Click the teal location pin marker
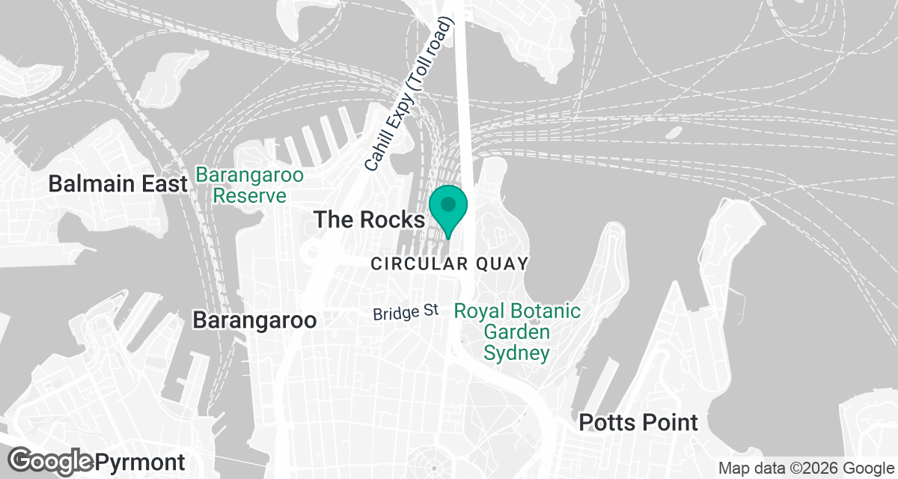(448, 207)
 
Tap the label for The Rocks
(369, 219)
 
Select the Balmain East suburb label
(117, 183)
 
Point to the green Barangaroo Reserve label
(249, 186)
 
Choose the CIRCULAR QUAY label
(450, 263)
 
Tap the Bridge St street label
(405, 312)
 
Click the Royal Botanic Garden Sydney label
(517, 332)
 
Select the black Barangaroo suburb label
(254, 320)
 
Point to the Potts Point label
(638, 422)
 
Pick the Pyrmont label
(140, 461)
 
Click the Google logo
(51, 460)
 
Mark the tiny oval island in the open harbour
(673, 132)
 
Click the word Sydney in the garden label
(517, 353)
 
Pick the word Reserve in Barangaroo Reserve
(249, 196)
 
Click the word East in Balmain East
(162, 183)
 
